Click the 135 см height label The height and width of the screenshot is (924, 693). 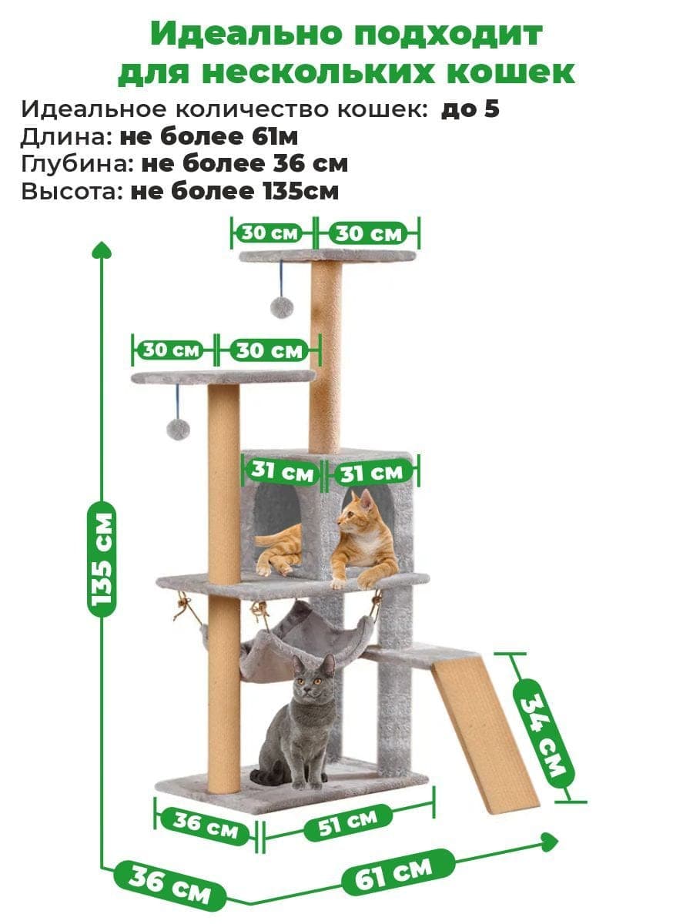pos(102,560)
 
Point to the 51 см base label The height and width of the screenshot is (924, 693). pos(347,823)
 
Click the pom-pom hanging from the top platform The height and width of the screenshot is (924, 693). pos(282,307)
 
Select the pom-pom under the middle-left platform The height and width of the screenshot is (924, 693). pos(178,429)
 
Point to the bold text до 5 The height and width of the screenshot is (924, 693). pos(470,109)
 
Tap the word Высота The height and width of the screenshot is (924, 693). pos(72,192)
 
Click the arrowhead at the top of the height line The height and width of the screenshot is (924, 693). pos(102,250)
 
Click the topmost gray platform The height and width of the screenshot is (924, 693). pos(327,255)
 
